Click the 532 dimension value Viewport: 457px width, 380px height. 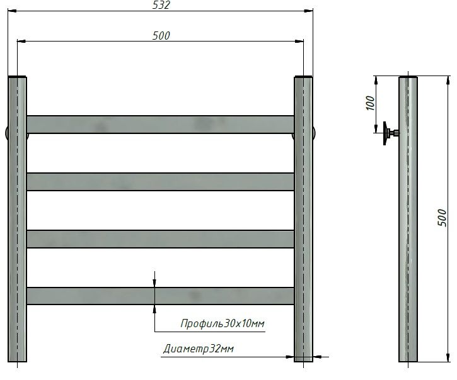[x=162, y=6]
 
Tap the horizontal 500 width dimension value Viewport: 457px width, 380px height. [x=161, y=36]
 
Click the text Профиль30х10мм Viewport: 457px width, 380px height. [x=222, y=324]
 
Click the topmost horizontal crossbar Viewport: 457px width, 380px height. [x=160, y=124]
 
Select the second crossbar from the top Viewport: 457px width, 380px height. [x=160, y=181]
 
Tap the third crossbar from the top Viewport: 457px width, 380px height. [x=160, y=238]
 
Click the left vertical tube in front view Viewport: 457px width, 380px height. [x=18, y=220]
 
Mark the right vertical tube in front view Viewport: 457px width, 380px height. [x=303, y=220]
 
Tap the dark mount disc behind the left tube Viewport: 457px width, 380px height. [x=6, y=133]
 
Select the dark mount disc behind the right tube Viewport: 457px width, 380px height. [x=315, y=134]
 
